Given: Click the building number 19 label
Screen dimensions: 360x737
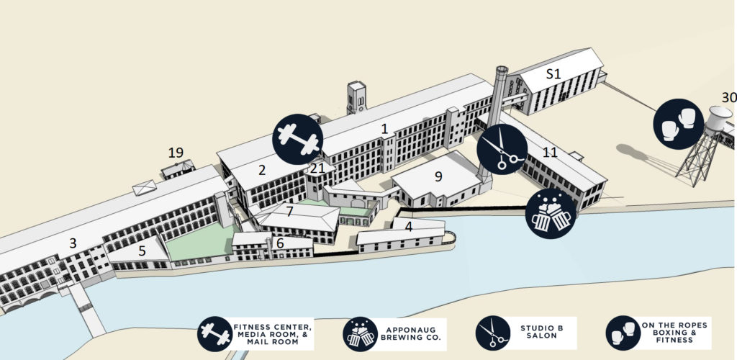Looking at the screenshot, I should pyautogui.click(x=176, y=153).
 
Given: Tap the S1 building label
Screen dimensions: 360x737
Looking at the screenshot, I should pyautogui.click(x=553, y=73).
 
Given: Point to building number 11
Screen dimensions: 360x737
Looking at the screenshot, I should pyautogui.click(x=551, y=153).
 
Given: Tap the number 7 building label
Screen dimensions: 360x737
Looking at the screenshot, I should pyautogui.click(x=289, y=212).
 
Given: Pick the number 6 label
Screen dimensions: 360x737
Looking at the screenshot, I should pyautogui.click(x=280, y=243).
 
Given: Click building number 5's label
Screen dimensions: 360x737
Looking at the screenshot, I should pyautogui.click(x=142, y=251).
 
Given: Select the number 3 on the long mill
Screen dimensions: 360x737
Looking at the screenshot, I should pyautogui.click(x=73, y=243).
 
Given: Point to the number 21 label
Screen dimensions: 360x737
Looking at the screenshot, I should pyautogui.click(x=316, y=168).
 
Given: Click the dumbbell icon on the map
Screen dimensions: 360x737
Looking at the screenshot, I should pyautogui.click(x=297, y=138).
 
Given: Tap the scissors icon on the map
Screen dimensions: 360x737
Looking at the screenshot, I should pyautogui.click(x=502, y=149).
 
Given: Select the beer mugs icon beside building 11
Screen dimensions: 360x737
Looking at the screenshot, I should pyautogui.click(x=551, y=214).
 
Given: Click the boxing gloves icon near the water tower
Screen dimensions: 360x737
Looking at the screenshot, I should pyautogui.click(x=678, y=124).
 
